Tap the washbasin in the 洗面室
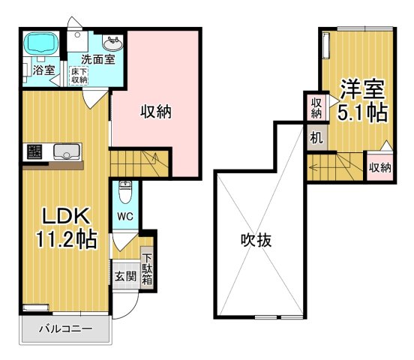pyautogui.click(x=112, y=40)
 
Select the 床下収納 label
pyautogui.click(x=79, y=76)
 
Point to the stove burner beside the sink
pyautogui.click(x=33, y=153)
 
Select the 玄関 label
pyautogui.click(x=124, y=275)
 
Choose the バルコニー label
pyautogui.click(x=65, y=329)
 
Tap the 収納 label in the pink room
pyautogui.click(x=157, y=112)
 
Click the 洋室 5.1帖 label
pyautogui.click(x=363, y=100)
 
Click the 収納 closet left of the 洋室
pyautogui.click(x=316, y=108)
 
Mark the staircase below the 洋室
pyautogui.click(x=334, y=163)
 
